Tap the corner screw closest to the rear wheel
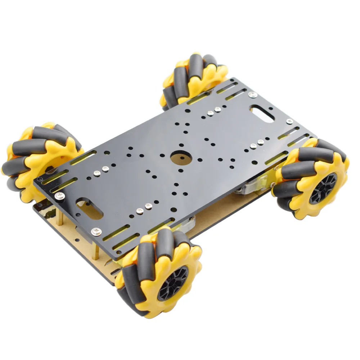(x=253, y=95)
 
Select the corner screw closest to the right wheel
(x=289, y=122)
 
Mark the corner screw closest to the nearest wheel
(x=96, y=231)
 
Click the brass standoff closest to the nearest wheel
(x=96, y=248)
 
